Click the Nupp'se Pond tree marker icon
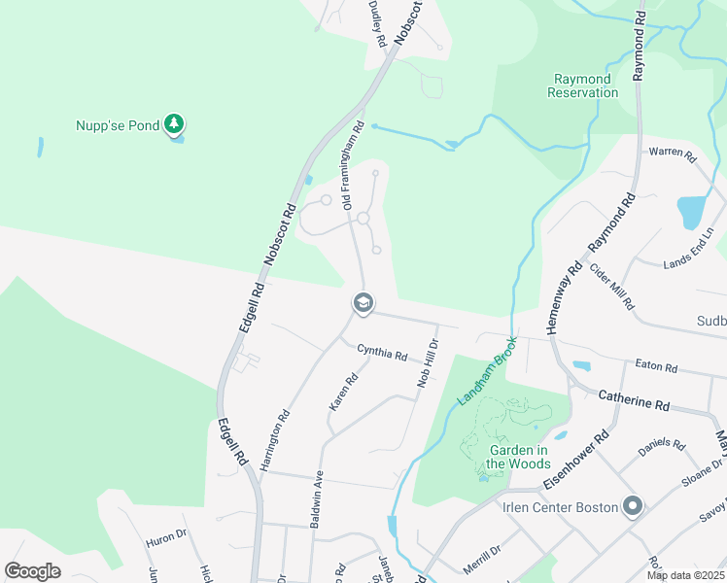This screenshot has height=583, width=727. [x=174, y=123]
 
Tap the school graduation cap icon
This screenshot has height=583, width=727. [x=363, y=304]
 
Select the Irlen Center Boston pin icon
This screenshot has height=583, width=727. [x=634, y=506]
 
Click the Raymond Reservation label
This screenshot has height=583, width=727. [x=582, y=86]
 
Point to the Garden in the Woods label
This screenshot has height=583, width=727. [x=525, y=457]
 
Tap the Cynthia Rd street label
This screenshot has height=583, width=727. [x=382, y=354]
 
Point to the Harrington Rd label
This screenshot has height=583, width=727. [x=275, y=440]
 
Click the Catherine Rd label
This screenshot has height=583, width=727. [x=634, y=399]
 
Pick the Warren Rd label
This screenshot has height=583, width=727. [x=673, y=153]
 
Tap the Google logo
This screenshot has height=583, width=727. [x=33, y=570]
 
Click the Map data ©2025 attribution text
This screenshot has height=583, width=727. [x=684, y=575]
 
